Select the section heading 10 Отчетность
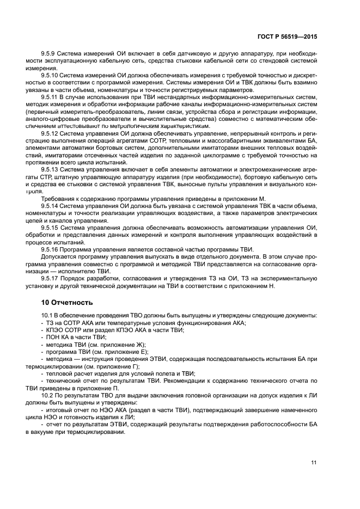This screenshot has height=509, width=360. pos(67,302)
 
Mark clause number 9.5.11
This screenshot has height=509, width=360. pos(51,96)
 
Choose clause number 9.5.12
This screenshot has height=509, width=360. pos(51,132)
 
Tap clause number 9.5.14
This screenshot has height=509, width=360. pos(51,205)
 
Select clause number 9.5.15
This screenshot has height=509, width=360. pos(51,227)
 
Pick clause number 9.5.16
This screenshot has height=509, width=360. pos(51,249)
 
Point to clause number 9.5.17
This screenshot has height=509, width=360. pos(51,278)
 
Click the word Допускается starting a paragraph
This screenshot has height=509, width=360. pos(59,256)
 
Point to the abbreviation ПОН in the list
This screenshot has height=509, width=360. pos(53,338)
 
